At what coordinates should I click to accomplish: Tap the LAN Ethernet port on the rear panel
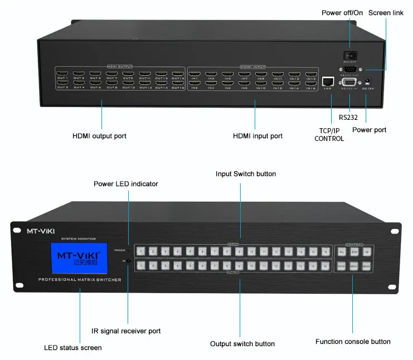[x=328, y=80]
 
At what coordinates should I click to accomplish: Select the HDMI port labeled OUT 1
[x=62, y=73]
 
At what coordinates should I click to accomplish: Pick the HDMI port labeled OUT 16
[x=178, y=82]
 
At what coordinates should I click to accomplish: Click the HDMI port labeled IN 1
[x=195, y=73]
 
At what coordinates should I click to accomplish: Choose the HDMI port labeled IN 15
[x=310, y=73]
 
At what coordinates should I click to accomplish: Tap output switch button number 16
[x=324, y=267]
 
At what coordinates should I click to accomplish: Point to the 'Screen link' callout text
[x=386, y=12]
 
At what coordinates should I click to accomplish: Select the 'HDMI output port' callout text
[x=99, y=136]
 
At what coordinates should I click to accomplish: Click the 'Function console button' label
[x=352, y=342]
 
